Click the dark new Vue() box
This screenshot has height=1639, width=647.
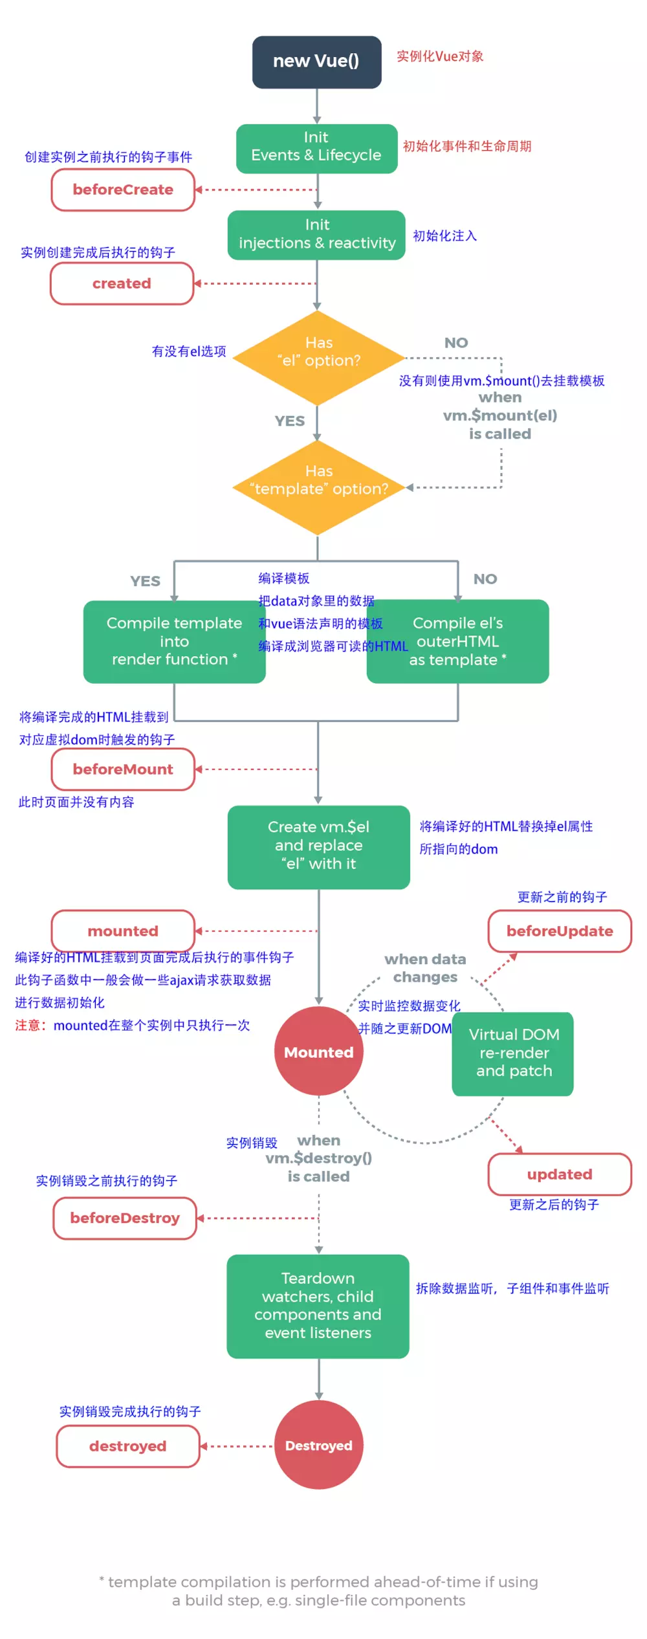pos(316,61)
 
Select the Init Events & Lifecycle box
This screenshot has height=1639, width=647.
pos(316,148)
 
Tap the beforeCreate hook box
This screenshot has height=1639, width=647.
pos(123,190)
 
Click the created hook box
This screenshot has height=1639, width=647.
pos(122,283)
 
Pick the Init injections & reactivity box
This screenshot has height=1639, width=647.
pos(316,234)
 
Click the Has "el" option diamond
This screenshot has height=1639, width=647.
pos(318,358)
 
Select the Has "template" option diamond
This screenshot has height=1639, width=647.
pos(318,487)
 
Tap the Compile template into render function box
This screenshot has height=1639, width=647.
pos(174,641)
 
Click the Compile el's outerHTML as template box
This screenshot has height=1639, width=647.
pos(458,641)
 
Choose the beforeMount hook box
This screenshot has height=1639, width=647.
pos(123,769)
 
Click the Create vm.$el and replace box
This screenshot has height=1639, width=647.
pos(318,846)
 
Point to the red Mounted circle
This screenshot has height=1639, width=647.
pos(318,1051)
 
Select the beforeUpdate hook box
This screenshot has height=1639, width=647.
pos(560,930)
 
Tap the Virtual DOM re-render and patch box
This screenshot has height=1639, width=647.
pos(513,1053)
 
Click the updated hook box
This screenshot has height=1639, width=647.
pos(560,1174)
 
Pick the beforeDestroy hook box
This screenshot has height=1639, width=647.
pos(125,1218)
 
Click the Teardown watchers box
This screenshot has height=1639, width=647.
pos(318,1306)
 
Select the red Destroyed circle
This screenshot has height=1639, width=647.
pos(318,1445)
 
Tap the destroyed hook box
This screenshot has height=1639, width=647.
pos(128,1446)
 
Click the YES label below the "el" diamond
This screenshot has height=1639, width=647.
pos(289,421)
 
